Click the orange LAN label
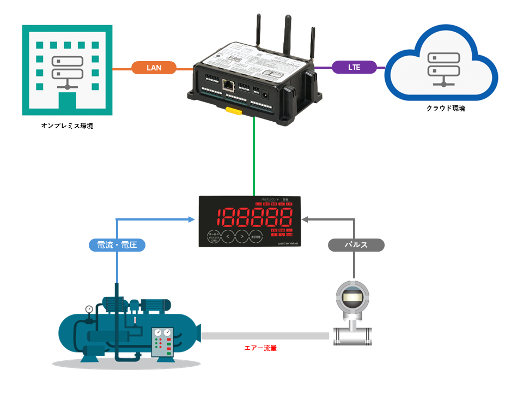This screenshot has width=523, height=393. point(155,68)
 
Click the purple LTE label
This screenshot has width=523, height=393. point(354,67)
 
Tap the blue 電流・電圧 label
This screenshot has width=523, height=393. point(117,246)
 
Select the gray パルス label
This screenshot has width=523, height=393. point(356,245)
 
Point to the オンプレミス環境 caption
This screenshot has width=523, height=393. point(67,126)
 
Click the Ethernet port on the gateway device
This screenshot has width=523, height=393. point(228,86)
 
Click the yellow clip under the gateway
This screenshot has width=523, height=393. point(234,111)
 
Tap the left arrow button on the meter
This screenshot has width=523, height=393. point(228,237)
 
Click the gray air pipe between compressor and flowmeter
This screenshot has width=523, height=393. point(265,336)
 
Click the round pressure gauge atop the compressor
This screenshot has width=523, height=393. point(89,309)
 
